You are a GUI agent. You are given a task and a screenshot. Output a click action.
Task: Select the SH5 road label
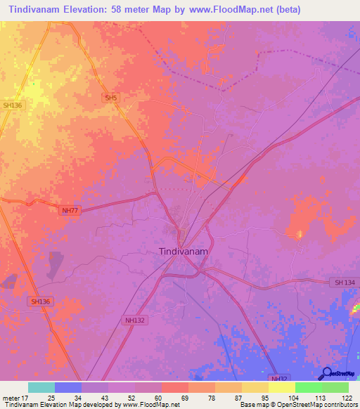[x=110, y=98]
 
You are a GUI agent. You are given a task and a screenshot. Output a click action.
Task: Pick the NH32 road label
[x=278, y=377]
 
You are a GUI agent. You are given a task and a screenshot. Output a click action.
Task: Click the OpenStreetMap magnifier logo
[x=326, y=373]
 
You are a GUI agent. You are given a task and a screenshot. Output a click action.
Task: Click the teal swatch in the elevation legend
[x=41, y=387]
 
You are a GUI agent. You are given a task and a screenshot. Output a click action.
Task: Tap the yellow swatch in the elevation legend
[x=281, y=387]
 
